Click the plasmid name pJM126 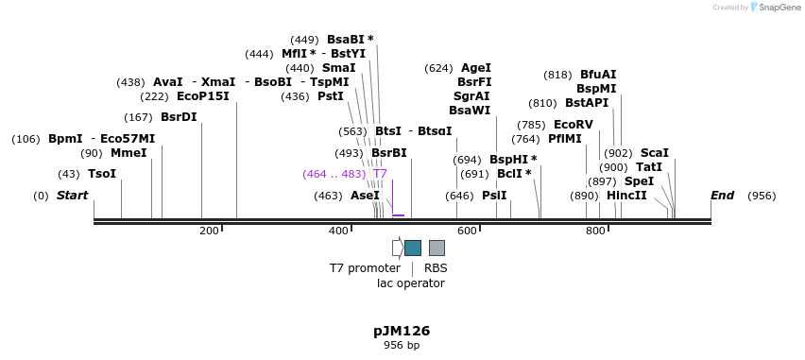[402, 331]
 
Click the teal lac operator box [413, 248]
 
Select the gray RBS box [437, 248]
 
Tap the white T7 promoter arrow [397, 248]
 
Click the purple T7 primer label [380, 174]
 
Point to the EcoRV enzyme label [574, 125]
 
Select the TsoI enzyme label [102, 174]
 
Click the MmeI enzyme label [128, 153]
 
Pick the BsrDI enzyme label [179, 117]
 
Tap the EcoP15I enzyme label [202, 96]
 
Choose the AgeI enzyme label [476, 68]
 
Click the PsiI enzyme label [494, 196]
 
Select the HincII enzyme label [626, 196]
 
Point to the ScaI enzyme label [655, 153]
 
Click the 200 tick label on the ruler [209, 231]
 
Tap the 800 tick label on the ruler [595, 231]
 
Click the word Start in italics [72, 196]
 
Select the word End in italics [722, 196]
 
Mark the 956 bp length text [402, 346]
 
